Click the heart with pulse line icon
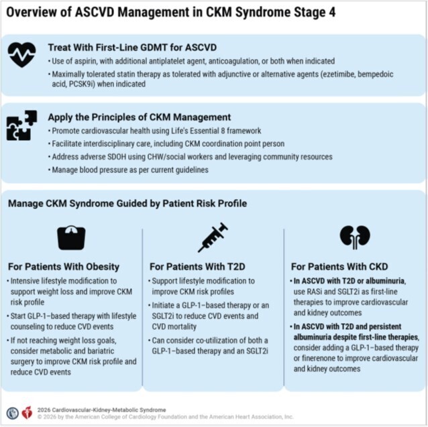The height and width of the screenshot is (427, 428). point(22,54)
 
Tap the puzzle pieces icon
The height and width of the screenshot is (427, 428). point(22,125)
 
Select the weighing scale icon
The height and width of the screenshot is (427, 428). point(71,237)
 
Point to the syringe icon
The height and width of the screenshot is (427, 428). point(213,237)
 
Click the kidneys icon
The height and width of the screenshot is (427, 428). point(355,237)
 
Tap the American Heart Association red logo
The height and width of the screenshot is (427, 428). point(27,413)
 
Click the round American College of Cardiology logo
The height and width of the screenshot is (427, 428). point(13,413)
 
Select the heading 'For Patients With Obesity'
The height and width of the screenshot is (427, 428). point(64,267)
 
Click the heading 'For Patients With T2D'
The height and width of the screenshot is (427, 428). point(197,267)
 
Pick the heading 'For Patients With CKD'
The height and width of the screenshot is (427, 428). point(339,267)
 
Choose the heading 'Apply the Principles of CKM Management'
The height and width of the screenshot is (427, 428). point(140,117)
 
